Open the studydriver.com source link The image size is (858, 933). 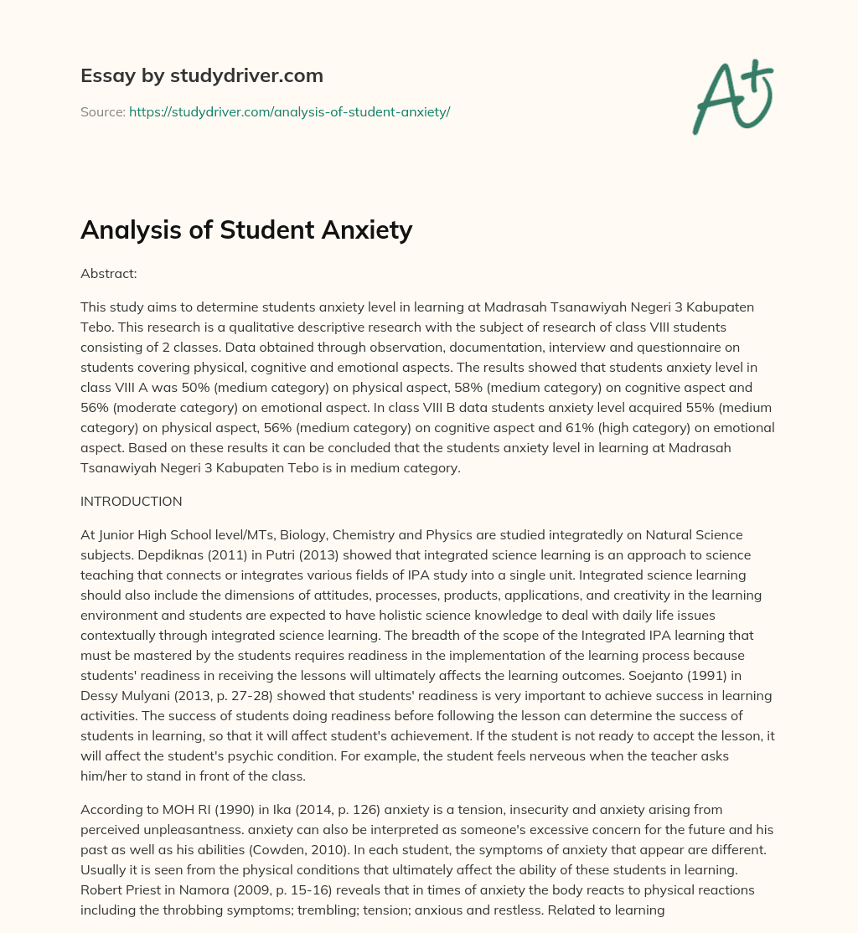[289, 111]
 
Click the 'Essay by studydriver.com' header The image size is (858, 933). [202, 76]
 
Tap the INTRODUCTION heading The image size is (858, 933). [131, 502]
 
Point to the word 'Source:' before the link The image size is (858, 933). [102, 111]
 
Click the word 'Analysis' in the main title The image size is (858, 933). [137, 229]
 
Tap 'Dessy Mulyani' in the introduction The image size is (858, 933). [119, 696]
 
